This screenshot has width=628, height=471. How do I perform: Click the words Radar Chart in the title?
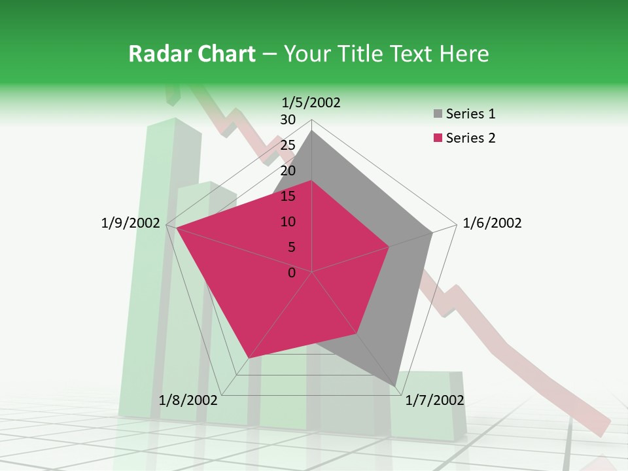(x=192, y=54)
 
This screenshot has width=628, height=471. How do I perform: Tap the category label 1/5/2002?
(x=311, y=102)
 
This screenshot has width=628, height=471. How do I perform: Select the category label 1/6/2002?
(x=492, y=223)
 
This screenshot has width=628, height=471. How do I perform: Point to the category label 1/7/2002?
(x=434, y=400)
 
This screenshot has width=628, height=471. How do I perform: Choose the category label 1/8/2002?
(x=188, y=400)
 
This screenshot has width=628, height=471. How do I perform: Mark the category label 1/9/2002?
(x=131, y=223)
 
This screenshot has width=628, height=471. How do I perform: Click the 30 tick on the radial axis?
(x=288, y=120)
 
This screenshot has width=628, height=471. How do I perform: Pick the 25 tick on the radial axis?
(x=288, y=145)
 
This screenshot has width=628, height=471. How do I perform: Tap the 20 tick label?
(x=288, y=171)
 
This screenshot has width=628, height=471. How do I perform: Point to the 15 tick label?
(x=288, y=196)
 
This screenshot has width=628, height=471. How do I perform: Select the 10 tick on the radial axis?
(x=288, y=222)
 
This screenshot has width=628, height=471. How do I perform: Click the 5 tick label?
(x=292, y=247)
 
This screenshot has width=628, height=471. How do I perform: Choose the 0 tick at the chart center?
(x=292, y=273)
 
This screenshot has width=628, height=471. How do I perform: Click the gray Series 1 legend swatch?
(x=438, y=114)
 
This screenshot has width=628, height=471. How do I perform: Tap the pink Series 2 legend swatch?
(x=438, y=138)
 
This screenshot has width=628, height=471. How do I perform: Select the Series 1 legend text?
(x=470, y=114)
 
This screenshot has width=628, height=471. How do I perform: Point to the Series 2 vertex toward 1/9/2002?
(x=177, y=228)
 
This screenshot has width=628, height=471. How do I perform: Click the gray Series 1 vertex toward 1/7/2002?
(x=395, y=386)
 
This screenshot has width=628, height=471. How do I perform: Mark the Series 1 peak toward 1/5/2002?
(x=312, y=131)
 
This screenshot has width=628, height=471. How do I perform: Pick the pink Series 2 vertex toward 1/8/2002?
(x=249, y=358)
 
